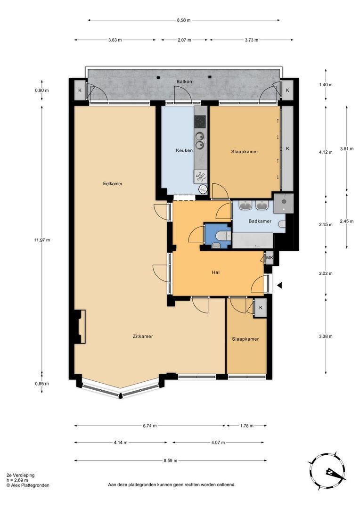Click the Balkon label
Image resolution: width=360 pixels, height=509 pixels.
click(x=184, y=82)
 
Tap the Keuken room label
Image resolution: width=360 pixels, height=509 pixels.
click(x=184, y=151)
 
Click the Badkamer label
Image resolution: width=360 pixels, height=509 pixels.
click(x=260, y=221)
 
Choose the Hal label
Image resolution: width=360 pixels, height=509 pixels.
click(x=216, y=272)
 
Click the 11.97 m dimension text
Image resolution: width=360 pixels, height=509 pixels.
click(x=42, y=240)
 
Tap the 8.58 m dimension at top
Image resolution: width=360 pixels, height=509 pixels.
click(x=184, y=20)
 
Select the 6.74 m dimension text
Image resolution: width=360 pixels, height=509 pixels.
click(x=150, y=426)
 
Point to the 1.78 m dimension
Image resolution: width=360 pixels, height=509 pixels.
click(x=246, y=426)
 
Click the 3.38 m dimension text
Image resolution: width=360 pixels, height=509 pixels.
click(x=326, y=337)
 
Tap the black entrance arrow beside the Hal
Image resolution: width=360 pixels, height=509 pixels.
click(x=279, y=285)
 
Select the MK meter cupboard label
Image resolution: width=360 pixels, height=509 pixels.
click(x=270, y=258)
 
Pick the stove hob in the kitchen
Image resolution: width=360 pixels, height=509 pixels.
click(x=200, y=121)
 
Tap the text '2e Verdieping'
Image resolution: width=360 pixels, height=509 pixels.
click(x=20, y=476)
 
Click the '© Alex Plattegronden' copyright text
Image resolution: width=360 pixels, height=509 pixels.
click(x=27, y=485)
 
